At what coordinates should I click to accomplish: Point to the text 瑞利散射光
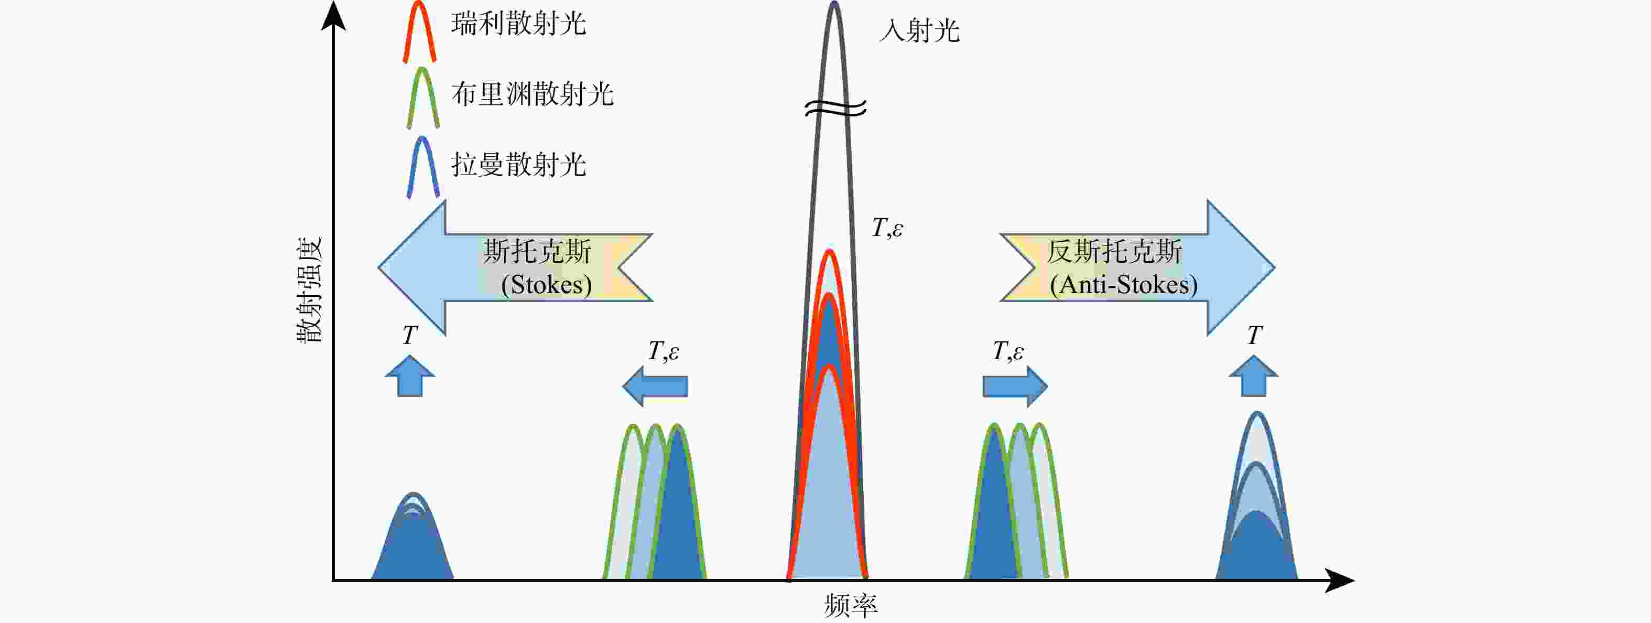tap(518, 24)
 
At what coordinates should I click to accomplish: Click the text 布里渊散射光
tap(532, 94)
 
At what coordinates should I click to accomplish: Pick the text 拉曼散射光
tap(518, 165)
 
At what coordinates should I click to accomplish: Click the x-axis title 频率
tap(851, 605)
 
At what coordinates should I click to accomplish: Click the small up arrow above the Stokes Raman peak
tap(410, 375)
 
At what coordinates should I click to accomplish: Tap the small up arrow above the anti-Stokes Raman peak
tap(1254, 375)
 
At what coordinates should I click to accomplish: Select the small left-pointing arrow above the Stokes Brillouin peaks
tap(655, 386)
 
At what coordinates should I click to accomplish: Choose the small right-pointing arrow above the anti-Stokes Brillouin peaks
tap(1015, 386)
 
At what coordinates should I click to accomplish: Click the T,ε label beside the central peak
tap(888, 228)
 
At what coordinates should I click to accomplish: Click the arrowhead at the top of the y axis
tap(333, 14)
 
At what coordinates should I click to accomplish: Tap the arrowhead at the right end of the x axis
tap(1340, 580)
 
